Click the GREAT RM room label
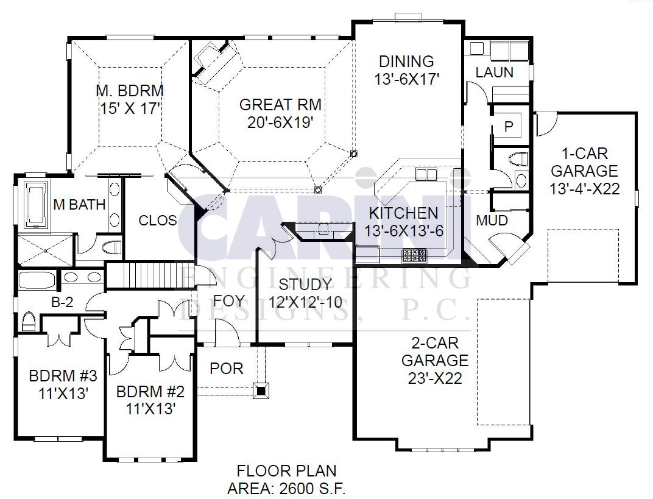click(x=280, y=104)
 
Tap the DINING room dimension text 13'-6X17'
click(x=406, y=79)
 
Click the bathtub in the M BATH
click(x=35, y=205)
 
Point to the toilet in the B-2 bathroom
click(x=28, y=321)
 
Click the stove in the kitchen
click(x=414, y=255)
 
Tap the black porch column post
click(x=261, y=391)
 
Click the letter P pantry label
click(x=509, y=126)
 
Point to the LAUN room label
click(x=495, y=73)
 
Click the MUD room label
click(x=492, y=221)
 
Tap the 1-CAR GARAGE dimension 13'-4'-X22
click(x=584, y=189)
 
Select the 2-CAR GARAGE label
click(x=435, y=352)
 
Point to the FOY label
click(x=228, y=301)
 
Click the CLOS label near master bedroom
click(x=157, y=221)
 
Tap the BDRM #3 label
click(x=63, y=376)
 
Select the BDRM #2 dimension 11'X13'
click(x=150, y=409)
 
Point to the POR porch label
click(x=227, y=369)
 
